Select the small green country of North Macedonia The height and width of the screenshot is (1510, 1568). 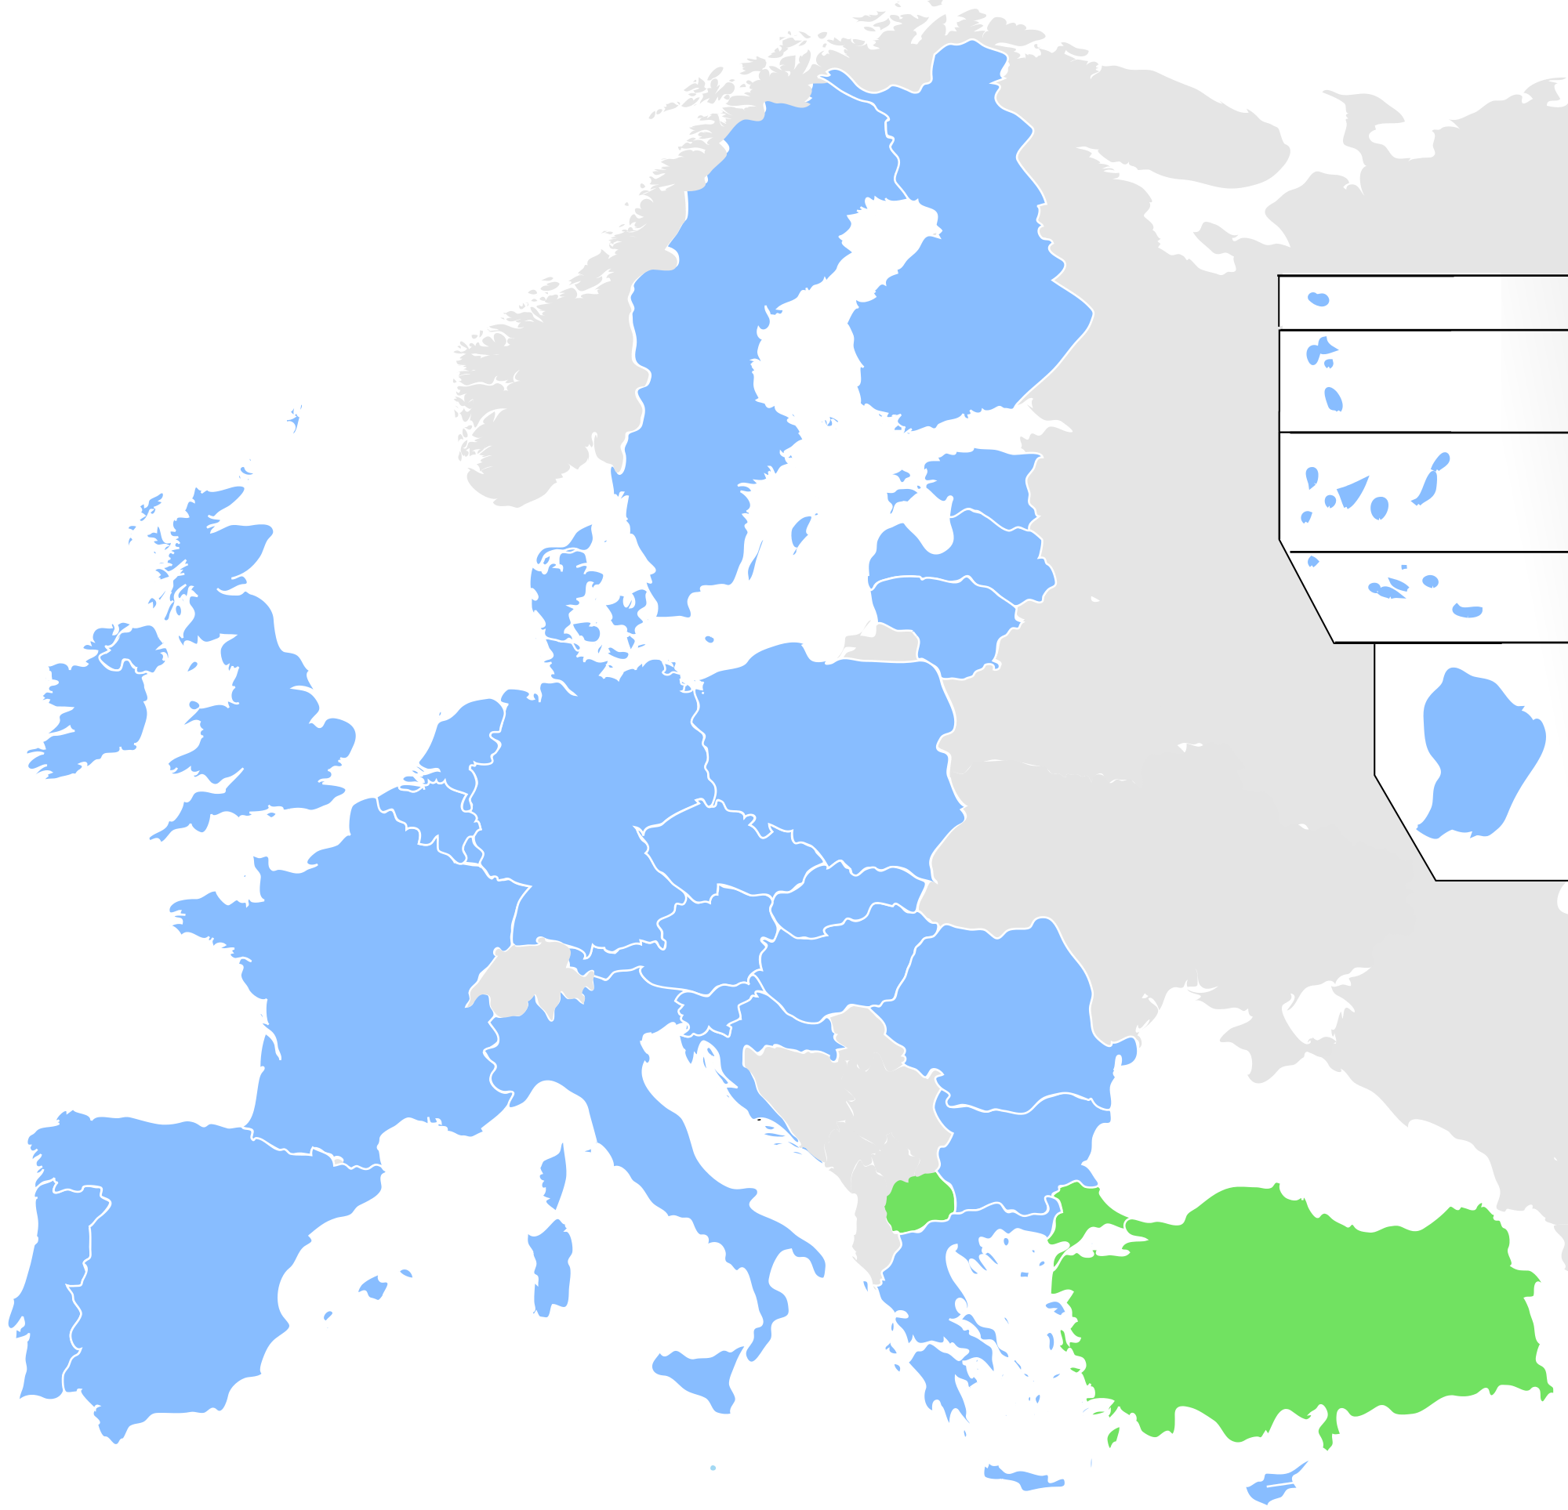click(x=915, y=1204)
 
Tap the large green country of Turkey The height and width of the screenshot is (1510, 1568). click(x=1296, y=1312)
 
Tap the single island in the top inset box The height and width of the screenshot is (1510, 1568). click(x=1318, y=299)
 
